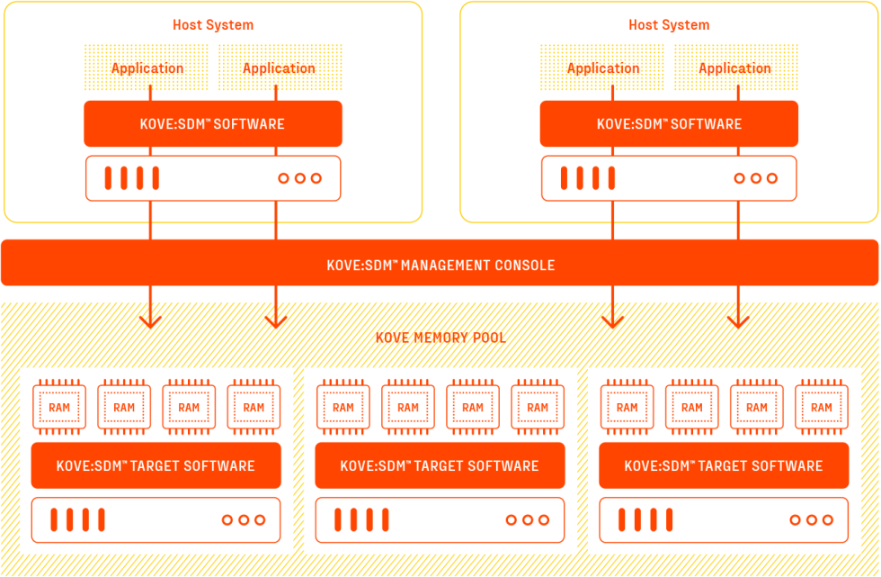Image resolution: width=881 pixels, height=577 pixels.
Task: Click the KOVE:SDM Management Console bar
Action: [440, 264]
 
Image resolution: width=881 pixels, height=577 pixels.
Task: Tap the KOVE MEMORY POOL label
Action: [440, 338]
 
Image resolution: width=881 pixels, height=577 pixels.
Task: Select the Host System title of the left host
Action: [213, 25]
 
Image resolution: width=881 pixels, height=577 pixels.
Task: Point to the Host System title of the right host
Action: [669, 25]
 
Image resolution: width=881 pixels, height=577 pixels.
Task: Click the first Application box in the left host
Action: [147, 68]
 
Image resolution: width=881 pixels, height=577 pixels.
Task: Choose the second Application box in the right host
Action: [734, 68]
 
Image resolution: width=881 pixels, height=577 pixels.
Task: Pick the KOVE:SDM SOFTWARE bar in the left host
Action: [213, 123]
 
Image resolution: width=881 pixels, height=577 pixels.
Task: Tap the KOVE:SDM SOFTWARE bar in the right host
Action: [669, 123]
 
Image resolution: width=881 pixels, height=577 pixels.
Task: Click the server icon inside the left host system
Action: [213, 178]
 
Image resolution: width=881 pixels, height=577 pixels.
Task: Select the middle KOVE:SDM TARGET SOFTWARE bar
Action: [440, 465]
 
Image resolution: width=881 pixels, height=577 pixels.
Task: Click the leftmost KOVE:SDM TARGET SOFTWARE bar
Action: [156, 465]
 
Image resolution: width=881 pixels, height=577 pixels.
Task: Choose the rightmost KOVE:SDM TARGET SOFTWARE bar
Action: [724, 465]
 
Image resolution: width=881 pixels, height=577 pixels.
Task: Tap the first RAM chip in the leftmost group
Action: [59, 407]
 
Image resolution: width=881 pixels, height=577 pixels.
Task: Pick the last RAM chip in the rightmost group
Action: [822, 407]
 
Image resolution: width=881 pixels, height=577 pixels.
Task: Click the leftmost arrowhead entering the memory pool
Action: [150, 319]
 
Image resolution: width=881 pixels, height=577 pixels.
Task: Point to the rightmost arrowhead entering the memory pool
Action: [738, 319]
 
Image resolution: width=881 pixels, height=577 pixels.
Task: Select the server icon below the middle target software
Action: [440, 519]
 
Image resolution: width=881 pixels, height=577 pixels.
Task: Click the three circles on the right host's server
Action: [755, 178]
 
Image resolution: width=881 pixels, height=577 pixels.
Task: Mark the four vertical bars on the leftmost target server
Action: [77, 519]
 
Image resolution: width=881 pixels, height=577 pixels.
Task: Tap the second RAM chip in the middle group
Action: [408, 407]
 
